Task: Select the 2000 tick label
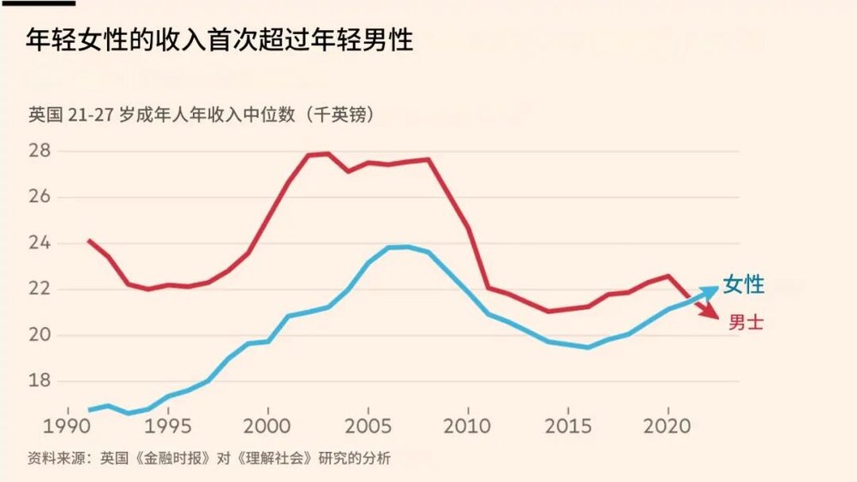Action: tap(269, 425)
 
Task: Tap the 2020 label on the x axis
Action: tap(668, 425)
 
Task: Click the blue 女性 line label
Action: tap(744, 285)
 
